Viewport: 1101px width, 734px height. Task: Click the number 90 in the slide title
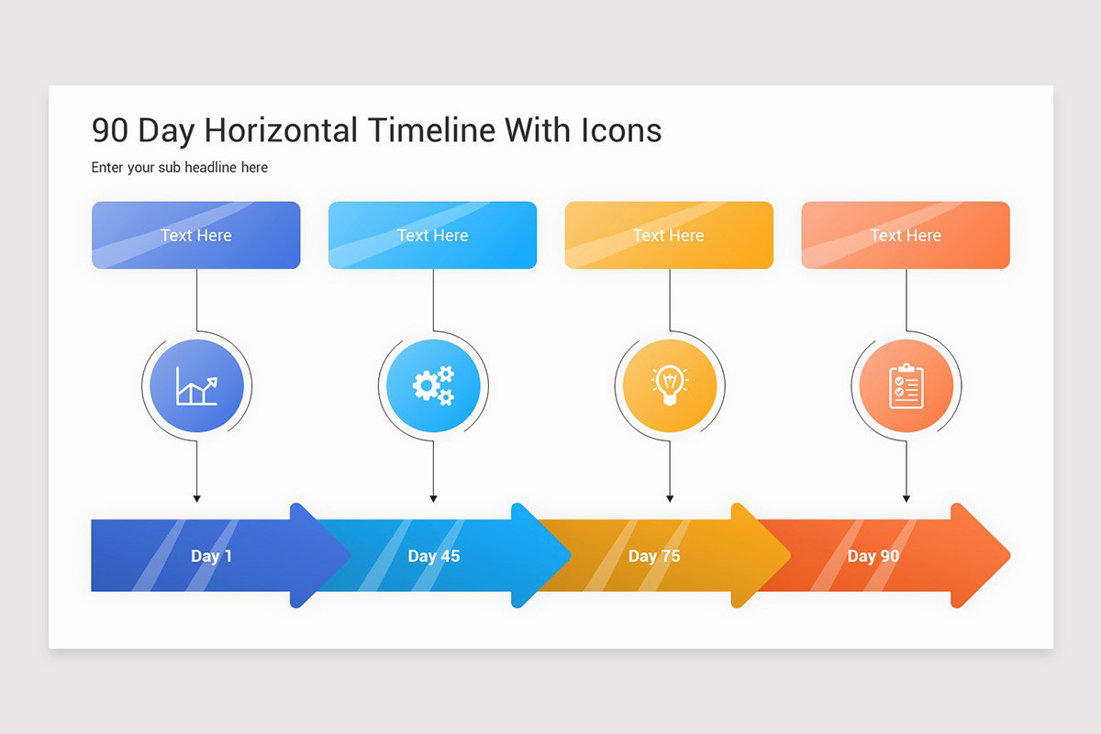pyautogui.click(x=110, y=131)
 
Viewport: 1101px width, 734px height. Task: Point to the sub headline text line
pyautogui.click(x=180, y=167)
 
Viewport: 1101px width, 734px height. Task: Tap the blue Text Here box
pyautogui.click(x=196, y=235)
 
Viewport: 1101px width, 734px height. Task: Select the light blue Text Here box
pyautogui.click(x=432, y=235)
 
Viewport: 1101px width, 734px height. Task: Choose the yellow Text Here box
pyautogui.click(x=669, y=235)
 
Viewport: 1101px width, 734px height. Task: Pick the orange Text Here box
pyautogui.click(x=906, y=235)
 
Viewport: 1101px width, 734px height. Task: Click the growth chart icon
pyautogui.click(x=196, y=386)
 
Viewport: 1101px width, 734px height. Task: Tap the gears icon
pyautogui.click(x=433, y=386)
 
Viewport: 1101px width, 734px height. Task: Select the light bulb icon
pyautogui.click(x=670, y=386)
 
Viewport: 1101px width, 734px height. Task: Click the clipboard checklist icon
pyautogui.click(x=906, y=386)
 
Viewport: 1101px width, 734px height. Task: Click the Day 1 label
pyautogui.click(x=211, y=556)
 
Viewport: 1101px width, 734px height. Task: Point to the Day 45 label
pyautogui.click(x=434, y=556)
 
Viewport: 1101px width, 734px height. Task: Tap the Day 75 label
pyautogui.click(x=654, y=556)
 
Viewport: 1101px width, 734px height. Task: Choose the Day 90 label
pyautogui.click(x=873, y=556)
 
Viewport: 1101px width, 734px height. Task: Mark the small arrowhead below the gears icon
pyautogui.click(x=433, y=499)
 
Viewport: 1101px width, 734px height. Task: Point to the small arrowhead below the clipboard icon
pyautogui.click(x=906, y=499)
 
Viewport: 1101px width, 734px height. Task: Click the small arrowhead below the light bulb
pyautogui.click(x=670, y=499)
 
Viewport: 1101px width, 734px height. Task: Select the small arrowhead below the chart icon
pyautogui.click(x=196, y=499)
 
